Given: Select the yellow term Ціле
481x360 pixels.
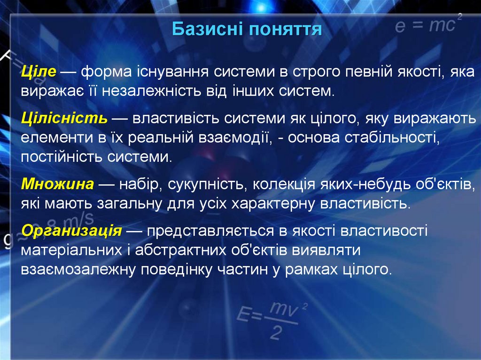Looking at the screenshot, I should point(39,72).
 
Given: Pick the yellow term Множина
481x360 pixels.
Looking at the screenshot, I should point(57,184).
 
